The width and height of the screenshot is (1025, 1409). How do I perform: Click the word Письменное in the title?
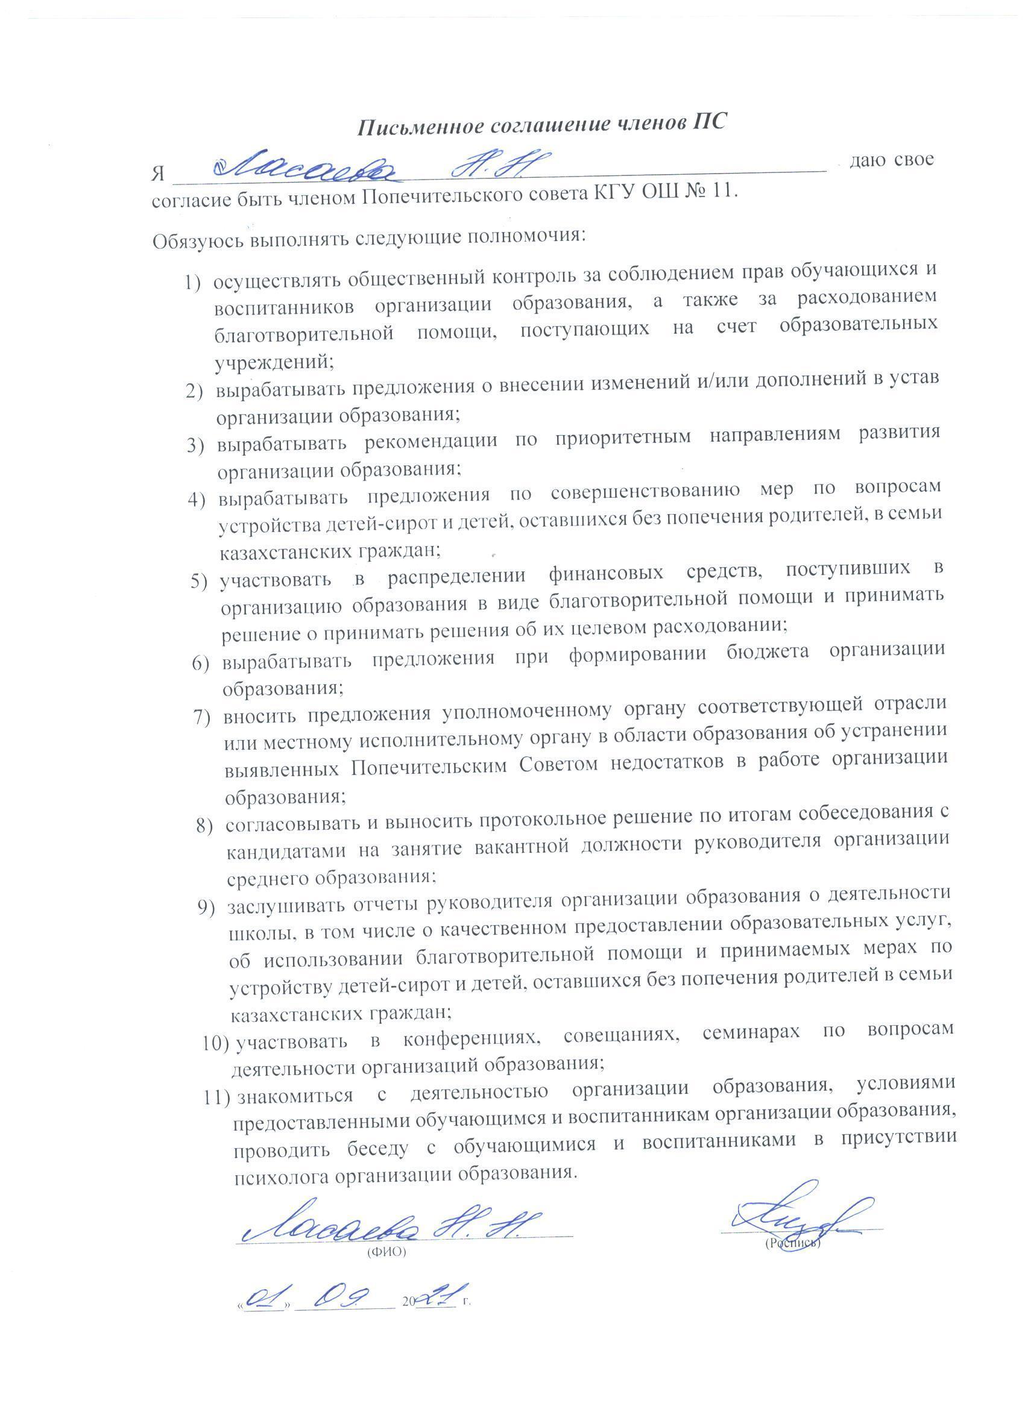421,126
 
